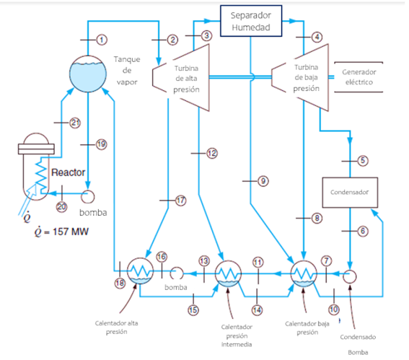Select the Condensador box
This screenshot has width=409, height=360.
349,192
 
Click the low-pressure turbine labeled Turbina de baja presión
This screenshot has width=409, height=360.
299,77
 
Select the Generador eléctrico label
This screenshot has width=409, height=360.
358,77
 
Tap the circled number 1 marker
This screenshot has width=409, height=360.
102,38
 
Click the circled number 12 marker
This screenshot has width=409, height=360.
211,153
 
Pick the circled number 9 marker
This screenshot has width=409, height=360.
263,181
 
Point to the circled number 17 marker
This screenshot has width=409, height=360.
180,201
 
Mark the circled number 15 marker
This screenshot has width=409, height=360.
193,309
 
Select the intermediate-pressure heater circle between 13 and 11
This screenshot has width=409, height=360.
229,273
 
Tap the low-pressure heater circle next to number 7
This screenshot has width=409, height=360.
302,273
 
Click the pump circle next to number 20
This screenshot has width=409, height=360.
89,195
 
